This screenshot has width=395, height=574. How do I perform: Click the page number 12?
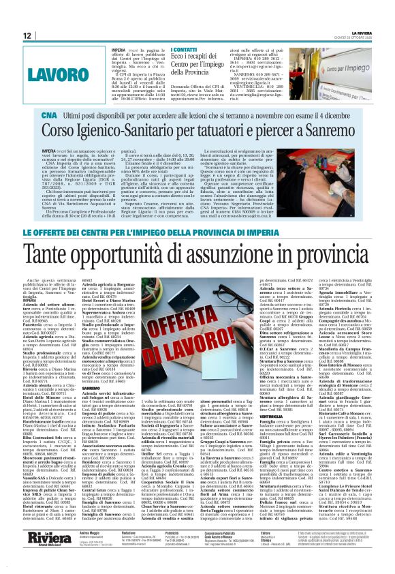pos(28,35)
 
